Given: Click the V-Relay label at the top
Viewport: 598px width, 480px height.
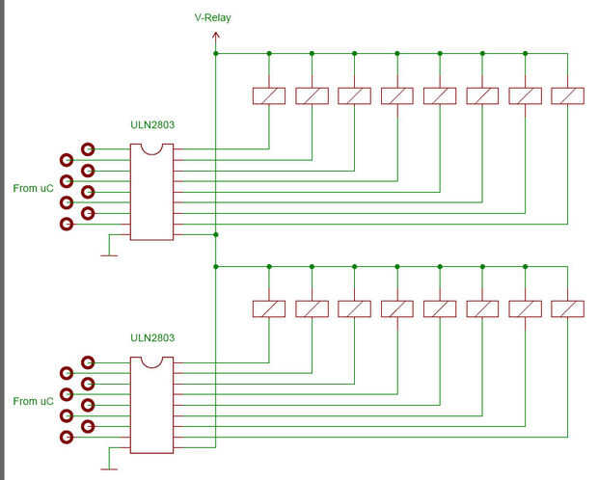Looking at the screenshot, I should pyautogui.click(x=212, y=17).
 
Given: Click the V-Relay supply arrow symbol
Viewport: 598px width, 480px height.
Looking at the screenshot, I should pyautogui.click(x=215, y=37).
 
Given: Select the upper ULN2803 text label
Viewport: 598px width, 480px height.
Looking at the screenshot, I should pyautogui.click(x=152, y=125).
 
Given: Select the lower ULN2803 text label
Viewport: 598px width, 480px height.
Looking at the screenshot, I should pyautogui.click(x=152, y=338).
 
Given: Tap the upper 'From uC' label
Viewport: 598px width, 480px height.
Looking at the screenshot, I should pyautogui.click(x=33, y=187).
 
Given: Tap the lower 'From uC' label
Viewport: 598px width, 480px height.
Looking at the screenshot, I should pyautogui.click(x=33, y=400).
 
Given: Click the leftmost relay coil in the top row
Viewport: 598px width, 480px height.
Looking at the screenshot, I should pyautogui.click(x=268, y=95).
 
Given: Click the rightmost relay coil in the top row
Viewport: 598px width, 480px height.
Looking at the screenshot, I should pyautogui.click(x=567, y=95).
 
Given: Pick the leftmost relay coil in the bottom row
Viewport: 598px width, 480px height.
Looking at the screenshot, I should pyautogui.click(x=268, y=308).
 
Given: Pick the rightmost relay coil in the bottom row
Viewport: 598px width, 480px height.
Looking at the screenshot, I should pyautogui.click(x=567, y=308).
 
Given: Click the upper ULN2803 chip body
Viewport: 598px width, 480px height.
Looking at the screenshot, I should pyautogui.click(x=151, y=193).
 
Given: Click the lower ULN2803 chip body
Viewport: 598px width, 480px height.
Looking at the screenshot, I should pyautogui.click(x=151, y=406).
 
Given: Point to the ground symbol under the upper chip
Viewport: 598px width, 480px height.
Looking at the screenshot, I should pyautogui.click(x=109, y=255).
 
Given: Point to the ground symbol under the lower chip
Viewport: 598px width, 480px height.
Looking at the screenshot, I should pyautogui.click(x=109, y=468).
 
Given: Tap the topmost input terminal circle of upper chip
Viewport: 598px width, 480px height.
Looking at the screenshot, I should pyautogui.click(x=88, y=149).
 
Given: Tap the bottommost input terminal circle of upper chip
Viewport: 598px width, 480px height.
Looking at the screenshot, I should pyautogui.click(x=66, y=224).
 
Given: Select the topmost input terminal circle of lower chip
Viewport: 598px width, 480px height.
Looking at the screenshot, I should pyautogui.click(x=88, y=362).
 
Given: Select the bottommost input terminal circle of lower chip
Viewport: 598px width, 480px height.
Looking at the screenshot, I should pyautogui.click(x=66, y=437).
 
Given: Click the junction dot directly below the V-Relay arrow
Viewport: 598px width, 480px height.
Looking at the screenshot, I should pyautogui.click(x=215, y=53).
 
